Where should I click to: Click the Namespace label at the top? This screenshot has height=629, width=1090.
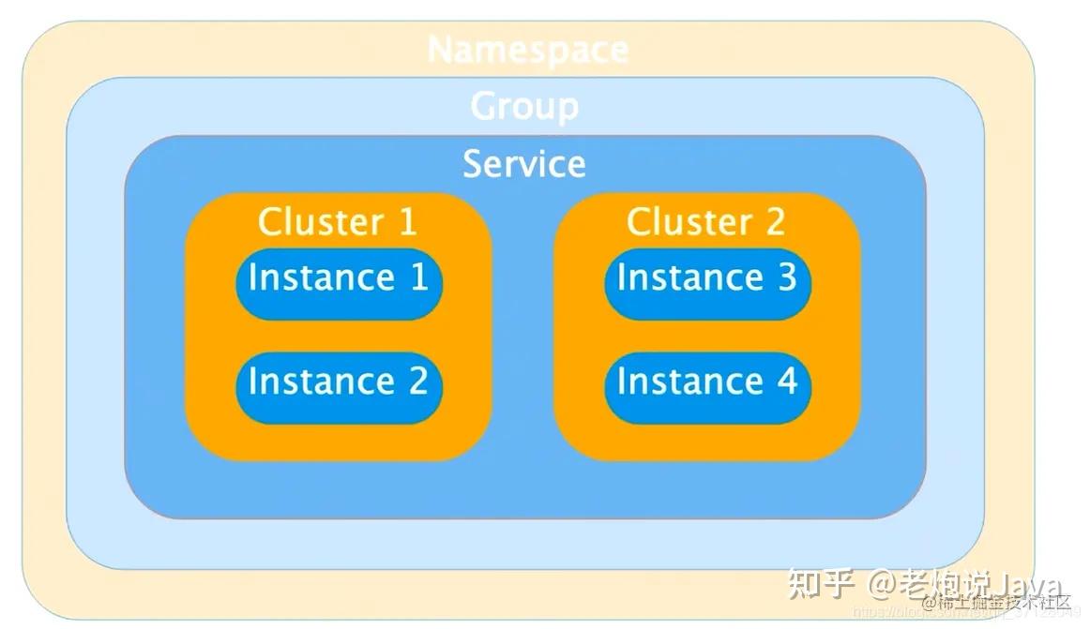point(527,50)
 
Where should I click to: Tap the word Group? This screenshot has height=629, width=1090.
point(524,106)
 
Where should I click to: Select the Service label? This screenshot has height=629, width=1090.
point(524,164)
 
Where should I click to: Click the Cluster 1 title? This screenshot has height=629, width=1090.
point(337,222)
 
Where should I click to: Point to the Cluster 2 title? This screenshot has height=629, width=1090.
point(705,222)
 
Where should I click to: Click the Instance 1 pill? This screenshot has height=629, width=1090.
point(339,278)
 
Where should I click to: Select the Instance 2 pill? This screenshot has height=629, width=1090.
point(339,382)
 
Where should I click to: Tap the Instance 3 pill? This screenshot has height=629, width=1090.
point(707,278)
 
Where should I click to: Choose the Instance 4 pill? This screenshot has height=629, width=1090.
point(707,382)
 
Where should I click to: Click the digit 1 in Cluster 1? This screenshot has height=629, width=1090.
point(407,222)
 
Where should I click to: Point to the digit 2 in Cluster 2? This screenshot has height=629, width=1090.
point(775,222)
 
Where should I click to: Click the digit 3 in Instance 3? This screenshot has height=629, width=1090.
point(786,278)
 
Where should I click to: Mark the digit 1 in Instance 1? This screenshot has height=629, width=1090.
point(418,278)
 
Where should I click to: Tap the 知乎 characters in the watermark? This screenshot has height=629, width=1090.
point(822,585)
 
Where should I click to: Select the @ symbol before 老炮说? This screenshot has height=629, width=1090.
point(883,586)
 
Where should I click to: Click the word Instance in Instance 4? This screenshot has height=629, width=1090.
point(689,382)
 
